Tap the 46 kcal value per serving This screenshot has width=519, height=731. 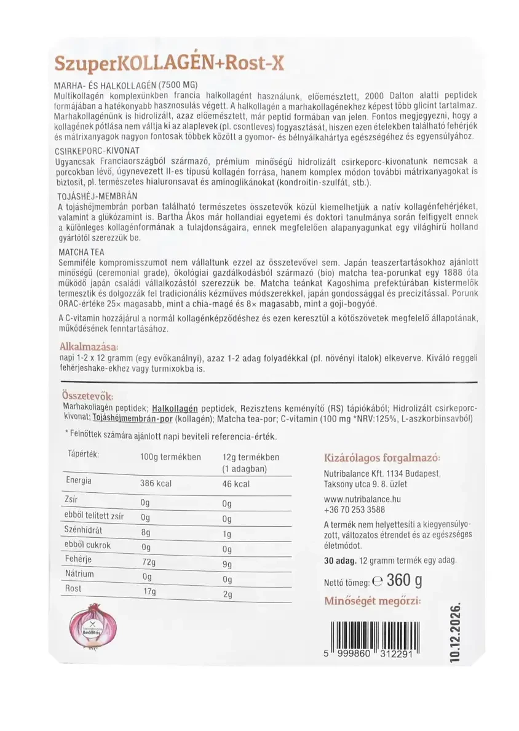236,484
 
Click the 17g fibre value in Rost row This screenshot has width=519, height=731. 148,591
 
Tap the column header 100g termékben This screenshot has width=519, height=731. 171,457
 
